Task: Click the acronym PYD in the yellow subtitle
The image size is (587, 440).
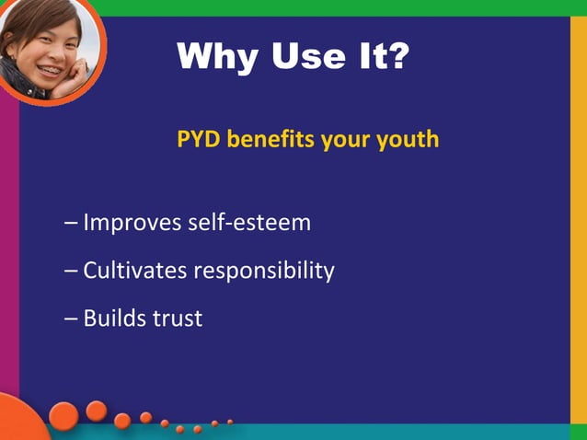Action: click(199, 140)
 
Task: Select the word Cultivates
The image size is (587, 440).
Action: click(135, 271)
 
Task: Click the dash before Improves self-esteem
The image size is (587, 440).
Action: click(72, 223)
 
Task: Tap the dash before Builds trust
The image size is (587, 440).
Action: click(72, 318)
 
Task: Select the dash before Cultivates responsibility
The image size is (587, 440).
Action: click(72, 271)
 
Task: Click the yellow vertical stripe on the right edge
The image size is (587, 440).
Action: click(579, 230)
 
